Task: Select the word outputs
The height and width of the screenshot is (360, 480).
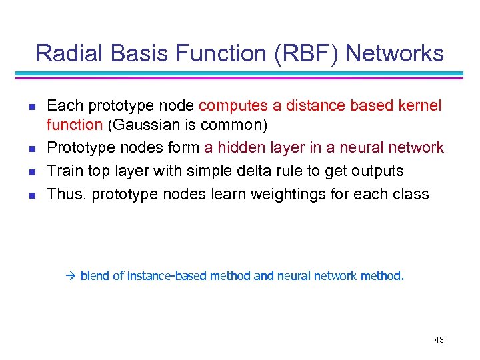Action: point(378,171)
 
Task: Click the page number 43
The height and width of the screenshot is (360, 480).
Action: point(439,340)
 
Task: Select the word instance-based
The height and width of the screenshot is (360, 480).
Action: point(166,275)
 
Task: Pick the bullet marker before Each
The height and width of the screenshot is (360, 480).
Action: point(31,106)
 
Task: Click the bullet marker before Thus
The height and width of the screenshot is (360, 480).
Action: point(31,195)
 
